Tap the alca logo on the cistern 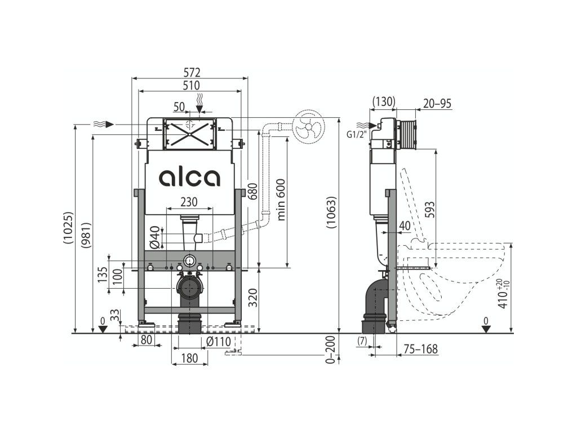click(189, 178)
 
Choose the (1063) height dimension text click(331, 213)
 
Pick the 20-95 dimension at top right click(437, 103)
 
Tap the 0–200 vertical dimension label click(331, 350)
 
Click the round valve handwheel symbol click(308, 126)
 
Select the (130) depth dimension click(384, 102)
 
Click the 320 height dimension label click(252, 295)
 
